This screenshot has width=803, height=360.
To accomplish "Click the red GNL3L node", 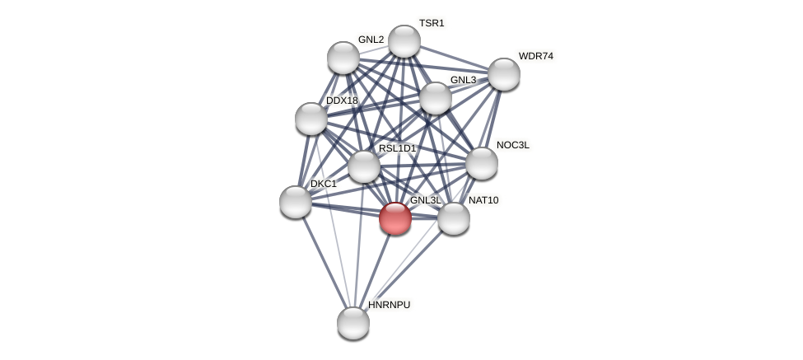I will pyautogui.click(x=395, y=218).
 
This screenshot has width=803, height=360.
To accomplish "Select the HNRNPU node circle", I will pyautogui.click(x=353, y=322).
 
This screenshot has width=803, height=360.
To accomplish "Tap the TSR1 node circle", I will pyautogui.click(x=404, y=41).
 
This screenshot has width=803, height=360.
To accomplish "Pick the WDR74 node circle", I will pyautogui.click(x=504, y=74).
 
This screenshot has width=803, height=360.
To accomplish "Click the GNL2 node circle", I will pyautogui.click(x=343, y=58).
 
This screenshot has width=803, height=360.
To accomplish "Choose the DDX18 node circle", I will pyautogui.click(x=311, y=119).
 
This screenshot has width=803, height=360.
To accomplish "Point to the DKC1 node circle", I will pyautogui.click(x=296, y=202).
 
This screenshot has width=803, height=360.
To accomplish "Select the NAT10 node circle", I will pyautogui.click(x=454, y=218).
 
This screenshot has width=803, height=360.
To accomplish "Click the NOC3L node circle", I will pyautogui.click(x=482, y=163).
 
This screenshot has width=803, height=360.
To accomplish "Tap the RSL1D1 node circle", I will pyautogui.click(x=364, y=166).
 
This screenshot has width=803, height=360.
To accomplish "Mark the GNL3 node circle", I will pyautogui.click(x=436, y=98).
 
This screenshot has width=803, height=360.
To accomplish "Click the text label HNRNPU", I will pyautogui.click(x=389, y=305).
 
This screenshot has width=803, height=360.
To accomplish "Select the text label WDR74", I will pyautogui.click(x=536, y=56).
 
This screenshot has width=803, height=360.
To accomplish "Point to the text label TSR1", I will pyautogui.click(x=432, y=23).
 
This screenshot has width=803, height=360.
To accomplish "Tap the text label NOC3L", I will pyautogui.click(x=513, y=145).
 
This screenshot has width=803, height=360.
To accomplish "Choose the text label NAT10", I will pyautogui.click(x=483, y=200).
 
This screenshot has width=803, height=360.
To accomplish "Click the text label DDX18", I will pyautogui.click(x=342, y=101).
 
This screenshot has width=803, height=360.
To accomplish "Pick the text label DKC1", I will pyautogui.click(x=323, y=184).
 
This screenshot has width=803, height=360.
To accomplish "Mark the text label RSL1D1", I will pyautogui.click(x=398, y=148).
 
